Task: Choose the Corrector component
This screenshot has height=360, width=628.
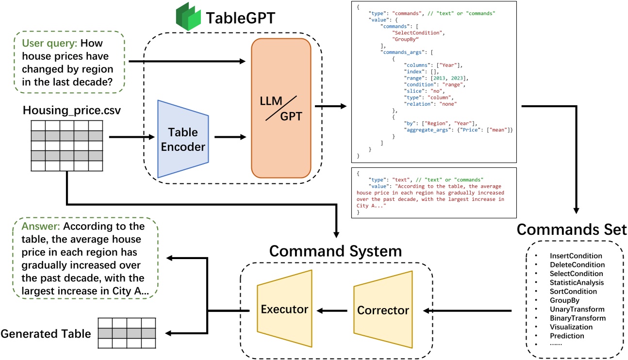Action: (x=383, y=310)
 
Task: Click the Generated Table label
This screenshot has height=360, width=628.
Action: (x=46, y=334)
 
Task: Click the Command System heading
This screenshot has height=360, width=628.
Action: (x=335, y=251)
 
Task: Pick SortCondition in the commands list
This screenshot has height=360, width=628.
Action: (x=573, y=292)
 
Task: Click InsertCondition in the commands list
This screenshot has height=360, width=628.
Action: (x=576, y=256)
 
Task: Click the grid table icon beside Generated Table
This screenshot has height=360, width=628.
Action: (x=127, y=333)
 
